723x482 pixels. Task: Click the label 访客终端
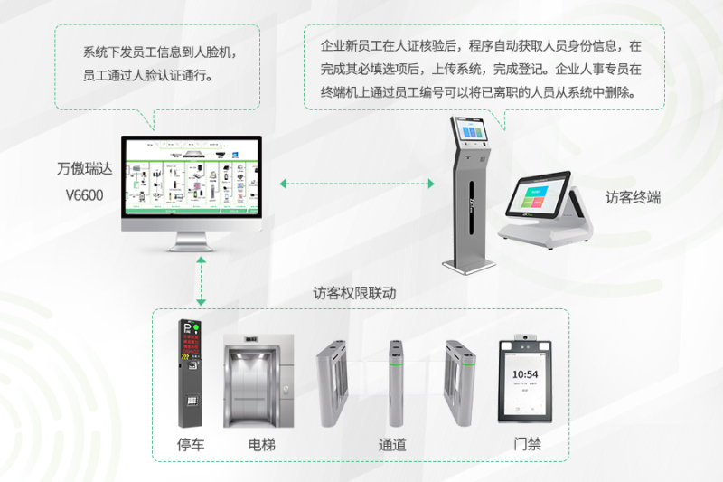(x=633, y=196)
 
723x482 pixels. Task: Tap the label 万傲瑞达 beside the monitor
(x=81, y=169)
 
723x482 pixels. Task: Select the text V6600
(x=84, y=194)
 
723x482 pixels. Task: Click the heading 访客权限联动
(x=354, y=293)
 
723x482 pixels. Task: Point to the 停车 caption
(x=191, y=444)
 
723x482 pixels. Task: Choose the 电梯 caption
(x=263, y=444)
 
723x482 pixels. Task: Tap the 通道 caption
(x=392, y=444)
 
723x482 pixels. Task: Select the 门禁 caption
(x=527, y=444)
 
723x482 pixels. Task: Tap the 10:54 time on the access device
(x=525, y=374)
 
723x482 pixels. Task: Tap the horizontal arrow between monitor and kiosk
(x=357, y=184)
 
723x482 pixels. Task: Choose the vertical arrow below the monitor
(x=201, y=281)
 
